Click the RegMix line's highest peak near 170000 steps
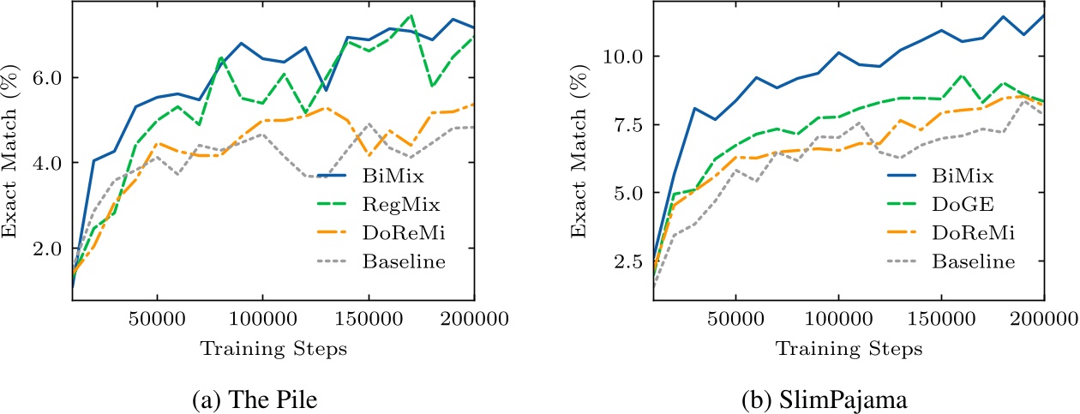[411, 15]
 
